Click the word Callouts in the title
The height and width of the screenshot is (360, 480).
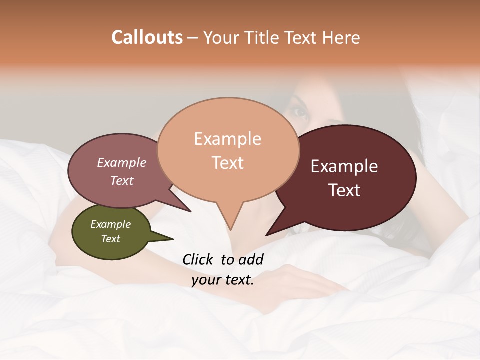(147, 37)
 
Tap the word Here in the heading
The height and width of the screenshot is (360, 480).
(342, 37)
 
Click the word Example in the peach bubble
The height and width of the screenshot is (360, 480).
(227, 139)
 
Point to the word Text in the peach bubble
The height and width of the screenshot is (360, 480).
(227, 163)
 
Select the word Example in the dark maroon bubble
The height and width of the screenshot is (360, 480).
(344, 166)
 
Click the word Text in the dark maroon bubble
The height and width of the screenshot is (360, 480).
(344, 190)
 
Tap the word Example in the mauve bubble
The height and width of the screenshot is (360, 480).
(121, 162)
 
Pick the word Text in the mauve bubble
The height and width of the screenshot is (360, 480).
(121, 180)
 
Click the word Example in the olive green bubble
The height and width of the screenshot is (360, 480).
(110, 224)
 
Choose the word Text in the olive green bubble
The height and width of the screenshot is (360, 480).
(110, 239)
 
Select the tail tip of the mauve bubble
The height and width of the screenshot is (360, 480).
(190, 211)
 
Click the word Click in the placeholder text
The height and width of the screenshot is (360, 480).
(198, 259)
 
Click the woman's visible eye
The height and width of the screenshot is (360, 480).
(300, 112)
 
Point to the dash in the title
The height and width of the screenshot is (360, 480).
(193, 38)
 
